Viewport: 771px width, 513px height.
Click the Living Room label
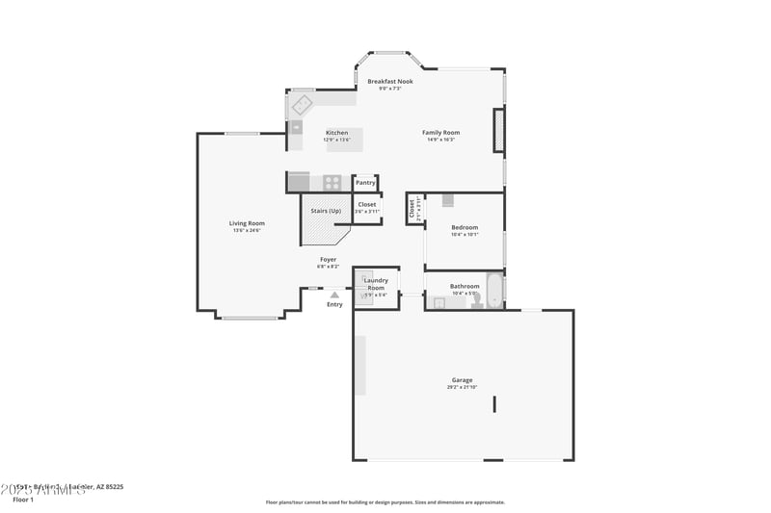pos(247,223)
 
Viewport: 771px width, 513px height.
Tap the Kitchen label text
pos(336,133)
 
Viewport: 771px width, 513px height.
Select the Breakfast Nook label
pos(390,82)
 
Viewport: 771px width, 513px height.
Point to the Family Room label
pos(440,133)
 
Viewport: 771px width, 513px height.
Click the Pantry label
pos(365,183)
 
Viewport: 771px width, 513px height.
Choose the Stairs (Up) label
pos(325,211)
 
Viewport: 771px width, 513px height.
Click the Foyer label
pos(329,259)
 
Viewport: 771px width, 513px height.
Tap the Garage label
pos(463,380)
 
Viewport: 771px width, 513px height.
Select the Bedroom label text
pos(465,228)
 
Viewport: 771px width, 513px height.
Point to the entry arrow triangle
pos(334,295)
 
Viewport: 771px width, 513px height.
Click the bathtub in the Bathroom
pos(493,290)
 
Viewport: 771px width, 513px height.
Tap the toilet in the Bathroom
pos(476,300)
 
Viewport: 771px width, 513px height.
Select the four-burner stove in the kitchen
pos(332,182)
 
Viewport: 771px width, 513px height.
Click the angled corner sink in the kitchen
pos(303,104)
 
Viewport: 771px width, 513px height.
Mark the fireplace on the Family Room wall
pos(498,130)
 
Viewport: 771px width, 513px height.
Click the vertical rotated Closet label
pos(412,209)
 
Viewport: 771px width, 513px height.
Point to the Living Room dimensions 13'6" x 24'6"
pos(247,231)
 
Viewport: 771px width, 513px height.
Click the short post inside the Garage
pos(494,403)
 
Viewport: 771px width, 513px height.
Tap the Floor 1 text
pos(23,500)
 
